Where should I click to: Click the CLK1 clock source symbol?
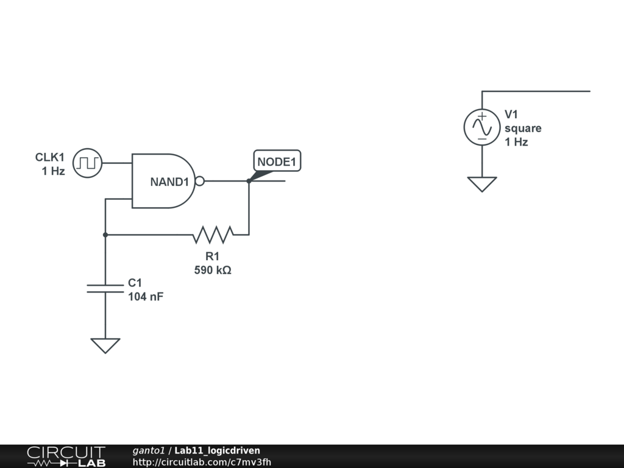click(87, 163)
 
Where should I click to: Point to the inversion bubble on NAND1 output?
click(199, 181)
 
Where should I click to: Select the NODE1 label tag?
click(277, 161)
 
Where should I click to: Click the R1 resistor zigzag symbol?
click(213, 234)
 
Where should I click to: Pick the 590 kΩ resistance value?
click(213, 270)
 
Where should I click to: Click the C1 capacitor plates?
click(105, 288)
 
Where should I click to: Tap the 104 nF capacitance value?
click(146, 297)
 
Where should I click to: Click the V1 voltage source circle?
click(482, 127)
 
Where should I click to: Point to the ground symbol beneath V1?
click(482, 183)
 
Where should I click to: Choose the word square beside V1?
click(523, 129)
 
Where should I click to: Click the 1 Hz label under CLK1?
click(53, 171)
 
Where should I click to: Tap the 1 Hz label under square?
click(516, 142)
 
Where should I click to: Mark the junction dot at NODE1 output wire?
click(249, 181)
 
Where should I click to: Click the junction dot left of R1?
click(105, 234)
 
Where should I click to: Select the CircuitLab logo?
click(66, 456)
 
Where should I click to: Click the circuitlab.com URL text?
click(202, 462)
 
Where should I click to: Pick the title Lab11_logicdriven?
click(217, 450)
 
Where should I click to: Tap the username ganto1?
click(149, 450)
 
